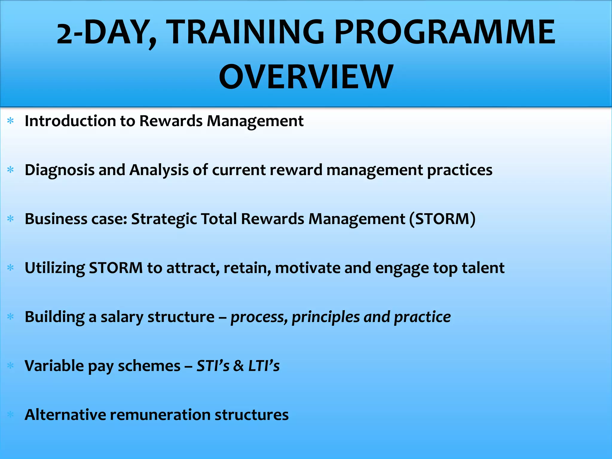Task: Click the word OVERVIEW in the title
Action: pos(306,77)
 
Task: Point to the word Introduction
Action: pos(70,121)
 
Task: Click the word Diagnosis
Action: pos(59,170)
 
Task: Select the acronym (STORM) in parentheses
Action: pos(442,219)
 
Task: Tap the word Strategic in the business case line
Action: pos(164,219)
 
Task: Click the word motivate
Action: pos(307,268)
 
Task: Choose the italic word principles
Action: pos(326,317)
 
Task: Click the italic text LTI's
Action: pos(264,366)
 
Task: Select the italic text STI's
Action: pos(213,366)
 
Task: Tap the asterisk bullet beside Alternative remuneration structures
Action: pos(10,414)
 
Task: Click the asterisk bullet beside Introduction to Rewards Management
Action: pos(10,121)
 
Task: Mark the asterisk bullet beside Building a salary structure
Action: pos(10,316)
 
